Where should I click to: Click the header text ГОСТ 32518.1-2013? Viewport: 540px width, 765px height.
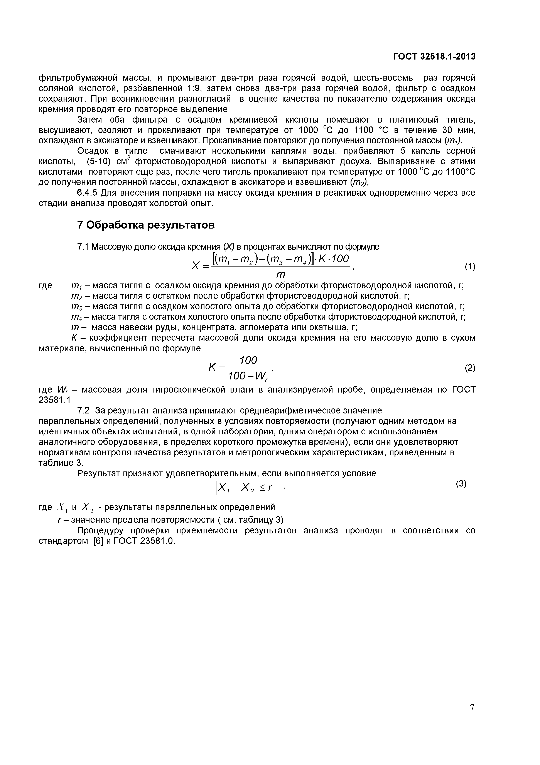click(x=434, y=57)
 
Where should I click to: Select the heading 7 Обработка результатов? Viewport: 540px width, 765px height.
click(x=146, y=225)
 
